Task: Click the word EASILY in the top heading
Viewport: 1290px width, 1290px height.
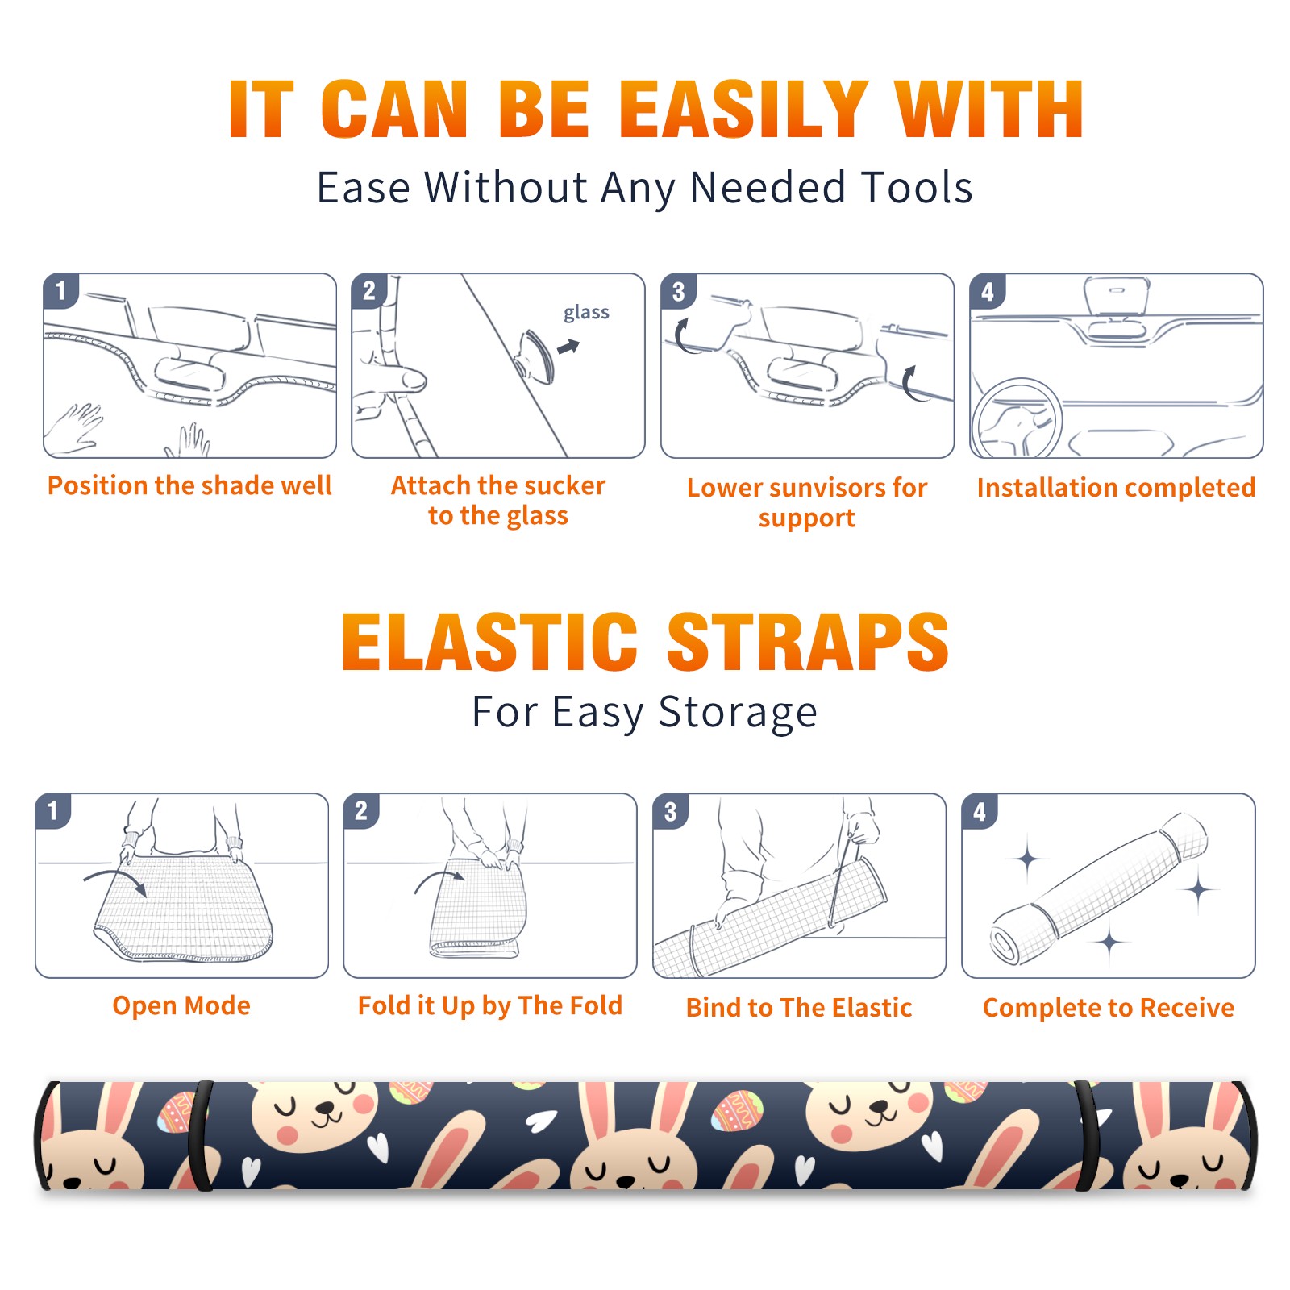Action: click(743, 110)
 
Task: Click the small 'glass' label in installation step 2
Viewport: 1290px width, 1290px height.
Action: click(586, 313)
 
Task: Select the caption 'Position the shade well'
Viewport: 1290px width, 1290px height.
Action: click(189, 485)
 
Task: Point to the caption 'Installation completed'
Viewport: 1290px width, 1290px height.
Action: click(1116, 487)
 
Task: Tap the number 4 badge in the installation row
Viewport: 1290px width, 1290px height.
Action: click(987, 291)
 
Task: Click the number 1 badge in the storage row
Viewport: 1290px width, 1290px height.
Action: click(53, 810)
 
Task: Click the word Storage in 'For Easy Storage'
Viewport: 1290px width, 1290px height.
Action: click(738, 713)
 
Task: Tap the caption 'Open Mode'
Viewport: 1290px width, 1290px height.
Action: click(181, 1005)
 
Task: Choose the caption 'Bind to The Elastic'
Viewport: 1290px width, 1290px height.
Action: click(799, 1007)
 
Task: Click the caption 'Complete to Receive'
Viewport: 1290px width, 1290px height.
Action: click(1109, 1007)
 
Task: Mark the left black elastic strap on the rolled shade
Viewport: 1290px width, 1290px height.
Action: click(201, 1135)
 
